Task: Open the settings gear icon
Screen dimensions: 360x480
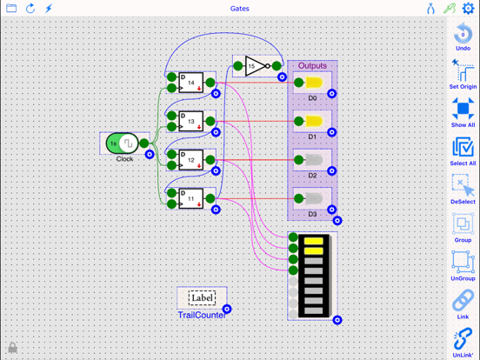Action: coord(469,9)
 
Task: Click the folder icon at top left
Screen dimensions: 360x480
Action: coord(11,9)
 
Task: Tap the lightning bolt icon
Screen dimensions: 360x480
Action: coord(49,9)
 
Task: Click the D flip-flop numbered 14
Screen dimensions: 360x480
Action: coord(191,83)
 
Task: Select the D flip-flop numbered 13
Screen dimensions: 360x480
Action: coord(191,122)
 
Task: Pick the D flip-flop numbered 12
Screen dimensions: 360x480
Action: coord(191,160)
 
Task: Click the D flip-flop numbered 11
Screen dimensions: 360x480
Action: coord(191,198)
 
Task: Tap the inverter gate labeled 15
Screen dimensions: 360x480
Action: coord(254,66)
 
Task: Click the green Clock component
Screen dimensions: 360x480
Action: coord(123,143)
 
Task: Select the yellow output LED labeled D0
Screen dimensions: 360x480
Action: coord(313,83)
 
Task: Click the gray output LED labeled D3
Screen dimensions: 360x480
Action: coord(313,199)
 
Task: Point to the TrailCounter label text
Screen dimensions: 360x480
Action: coord(202,315)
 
